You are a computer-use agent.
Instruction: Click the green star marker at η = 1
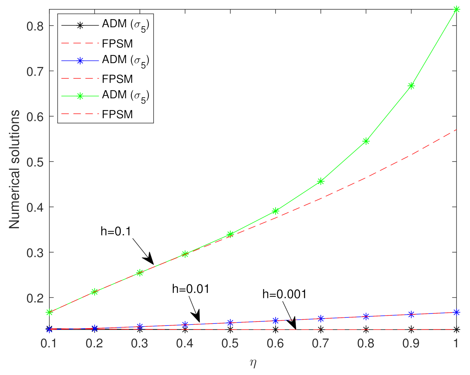(456, 10)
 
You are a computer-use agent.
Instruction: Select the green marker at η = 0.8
(366, 141)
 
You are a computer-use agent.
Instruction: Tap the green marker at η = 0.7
(321, 181)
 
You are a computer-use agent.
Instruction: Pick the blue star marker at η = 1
(456, 312)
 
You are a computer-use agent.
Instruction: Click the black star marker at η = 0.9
(411, 330)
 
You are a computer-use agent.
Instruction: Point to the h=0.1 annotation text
(116, 232)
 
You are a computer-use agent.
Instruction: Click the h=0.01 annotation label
(191, 289)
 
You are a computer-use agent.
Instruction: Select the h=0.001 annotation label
(284, 294)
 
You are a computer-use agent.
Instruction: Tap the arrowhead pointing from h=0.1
(149, 259)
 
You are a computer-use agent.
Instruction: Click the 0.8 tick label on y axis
(35, 26)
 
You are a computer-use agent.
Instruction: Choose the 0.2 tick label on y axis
(35, 298)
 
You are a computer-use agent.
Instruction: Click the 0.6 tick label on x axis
(275, 343)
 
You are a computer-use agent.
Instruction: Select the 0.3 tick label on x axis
(140, 343)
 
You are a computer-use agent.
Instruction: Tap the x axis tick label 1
(456, 343)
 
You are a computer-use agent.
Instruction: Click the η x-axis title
(253, 363)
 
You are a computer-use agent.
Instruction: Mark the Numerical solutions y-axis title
(14, 169)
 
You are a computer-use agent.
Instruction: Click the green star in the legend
(80, 96)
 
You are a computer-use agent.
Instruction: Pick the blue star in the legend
(80, 61)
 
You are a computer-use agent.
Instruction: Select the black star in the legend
(80, 25)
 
